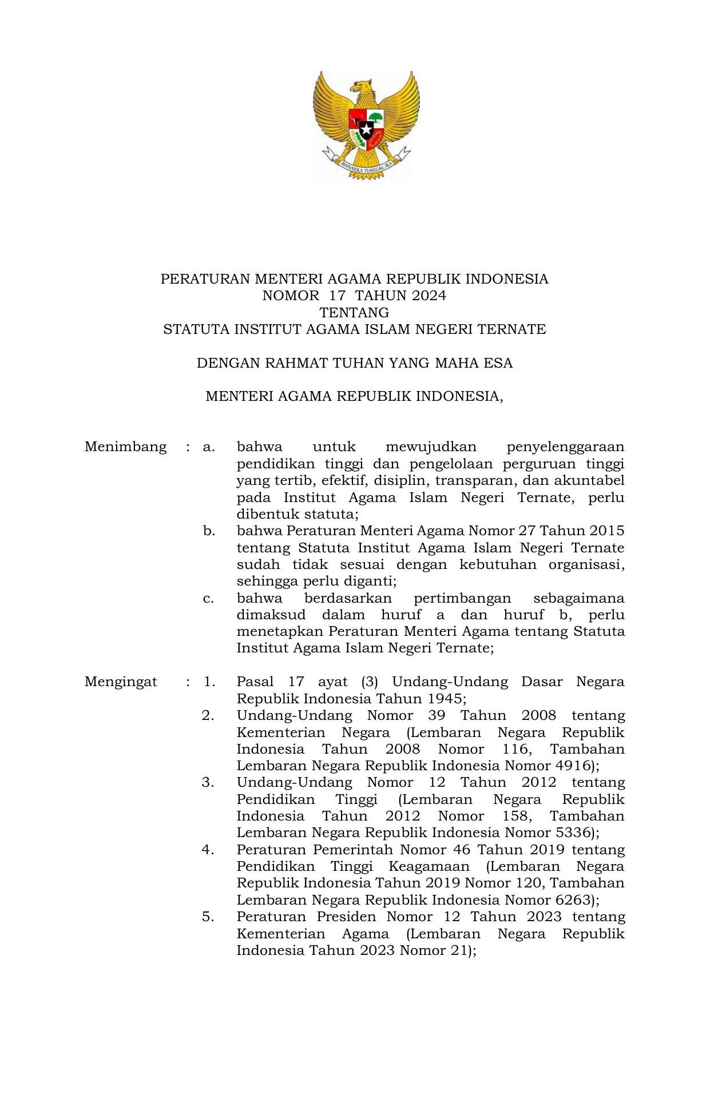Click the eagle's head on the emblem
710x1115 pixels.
[362, 89]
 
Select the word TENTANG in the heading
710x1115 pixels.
[354, 313]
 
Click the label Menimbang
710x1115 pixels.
[125, 447]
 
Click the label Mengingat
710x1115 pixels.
[121, 682]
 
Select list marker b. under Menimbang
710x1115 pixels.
[209, 531]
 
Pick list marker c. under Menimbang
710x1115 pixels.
[209, 598]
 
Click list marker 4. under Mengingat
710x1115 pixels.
[208, 850]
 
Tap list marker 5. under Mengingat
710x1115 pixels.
[208, 917]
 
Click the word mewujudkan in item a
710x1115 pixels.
[431, 447]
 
